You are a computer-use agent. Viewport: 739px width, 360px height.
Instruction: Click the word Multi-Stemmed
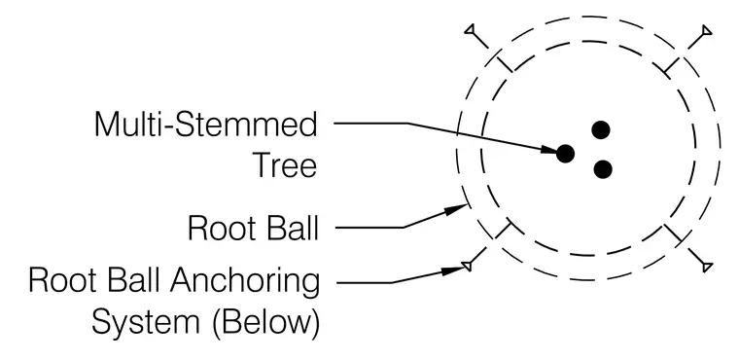[206, 125]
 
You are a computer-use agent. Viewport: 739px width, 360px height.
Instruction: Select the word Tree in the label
[285, 165]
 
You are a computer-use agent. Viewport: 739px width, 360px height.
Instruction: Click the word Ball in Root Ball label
[293, 228]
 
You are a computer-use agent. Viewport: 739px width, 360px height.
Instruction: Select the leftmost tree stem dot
[566, 154]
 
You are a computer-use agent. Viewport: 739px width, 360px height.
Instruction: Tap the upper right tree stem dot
[601, 129]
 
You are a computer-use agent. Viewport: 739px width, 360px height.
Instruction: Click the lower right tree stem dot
[603, 169]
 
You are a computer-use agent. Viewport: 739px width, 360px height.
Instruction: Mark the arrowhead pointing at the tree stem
[548, 150]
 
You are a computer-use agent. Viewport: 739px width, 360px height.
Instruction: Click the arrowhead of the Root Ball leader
[457, 209]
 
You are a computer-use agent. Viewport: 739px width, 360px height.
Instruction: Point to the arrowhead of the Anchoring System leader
[454, 270]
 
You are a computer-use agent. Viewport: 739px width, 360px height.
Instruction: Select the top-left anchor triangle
[470, 30]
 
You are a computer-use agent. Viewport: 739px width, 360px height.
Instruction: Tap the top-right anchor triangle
[707, 31]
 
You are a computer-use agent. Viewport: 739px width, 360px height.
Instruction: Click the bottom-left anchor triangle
[467, 266]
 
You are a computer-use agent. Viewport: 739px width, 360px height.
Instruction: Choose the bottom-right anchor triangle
[707, 267]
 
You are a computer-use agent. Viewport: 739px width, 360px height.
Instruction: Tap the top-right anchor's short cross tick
[672, 64]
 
